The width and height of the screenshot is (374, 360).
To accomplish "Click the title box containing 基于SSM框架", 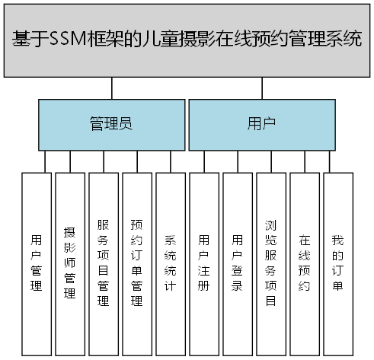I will click(187, 39).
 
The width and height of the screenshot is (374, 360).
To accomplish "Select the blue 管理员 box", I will click(111, 125).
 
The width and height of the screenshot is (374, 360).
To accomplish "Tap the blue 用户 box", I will click(261, 125).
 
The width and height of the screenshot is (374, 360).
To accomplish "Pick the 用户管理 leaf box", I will click(36, 263).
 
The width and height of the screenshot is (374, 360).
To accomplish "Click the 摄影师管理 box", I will click(69, 263).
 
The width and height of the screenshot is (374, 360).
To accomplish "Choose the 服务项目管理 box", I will click(103, 263).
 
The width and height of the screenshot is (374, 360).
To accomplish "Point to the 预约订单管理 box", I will click(136, 263).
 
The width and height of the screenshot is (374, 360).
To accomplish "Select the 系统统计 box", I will click(170, 263).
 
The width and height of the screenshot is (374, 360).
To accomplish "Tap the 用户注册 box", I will click(203, 263).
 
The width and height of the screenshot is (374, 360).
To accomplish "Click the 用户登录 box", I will click(237, 263).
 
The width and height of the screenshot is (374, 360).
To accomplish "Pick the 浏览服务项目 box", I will click(270, 263).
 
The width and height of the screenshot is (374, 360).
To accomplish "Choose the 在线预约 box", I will click(304, 263).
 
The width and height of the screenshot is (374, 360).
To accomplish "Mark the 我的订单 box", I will click(337, 263).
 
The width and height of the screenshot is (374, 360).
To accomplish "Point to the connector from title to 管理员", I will click(112, 89).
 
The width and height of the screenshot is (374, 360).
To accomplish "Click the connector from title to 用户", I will click(262, 89).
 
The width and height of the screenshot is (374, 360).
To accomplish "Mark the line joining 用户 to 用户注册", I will click(203, 161).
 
